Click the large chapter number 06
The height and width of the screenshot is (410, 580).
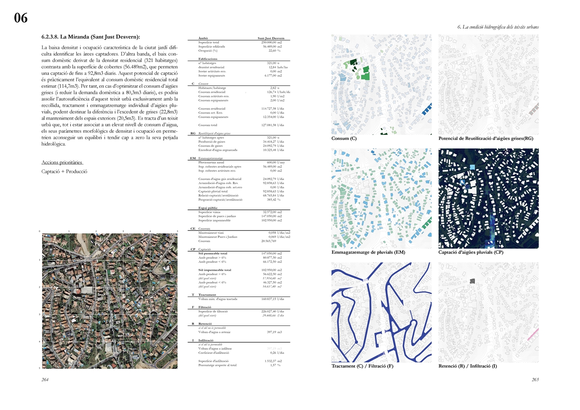tap(21, 18)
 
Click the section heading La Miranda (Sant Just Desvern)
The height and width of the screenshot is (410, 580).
tap(91, 37)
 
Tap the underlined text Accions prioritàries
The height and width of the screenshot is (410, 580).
tap(62, 162)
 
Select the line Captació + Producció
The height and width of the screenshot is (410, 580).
tap(64, 171)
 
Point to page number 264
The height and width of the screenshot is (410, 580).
tap(45, 380)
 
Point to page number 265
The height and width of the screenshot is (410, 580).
tap(535, 380)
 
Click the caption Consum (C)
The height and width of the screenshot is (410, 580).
tap(344, 139)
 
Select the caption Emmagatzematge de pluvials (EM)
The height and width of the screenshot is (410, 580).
tap(368, 253)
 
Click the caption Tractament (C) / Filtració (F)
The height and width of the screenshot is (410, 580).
tap(362, 366)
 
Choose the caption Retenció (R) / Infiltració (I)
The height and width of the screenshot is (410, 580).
tap(467, 366)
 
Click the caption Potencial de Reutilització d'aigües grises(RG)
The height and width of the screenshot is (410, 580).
tap(486, 139)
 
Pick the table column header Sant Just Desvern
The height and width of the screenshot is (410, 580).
tap(271, 38)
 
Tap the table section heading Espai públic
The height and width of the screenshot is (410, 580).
tap(208, 208)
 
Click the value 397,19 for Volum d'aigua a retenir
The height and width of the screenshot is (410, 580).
tap(274, 332)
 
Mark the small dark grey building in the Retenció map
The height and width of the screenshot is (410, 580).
tap(472, 281)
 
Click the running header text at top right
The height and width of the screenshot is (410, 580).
tap(498, 27)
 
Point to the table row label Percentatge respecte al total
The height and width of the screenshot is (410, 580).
tap(217, 365)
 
